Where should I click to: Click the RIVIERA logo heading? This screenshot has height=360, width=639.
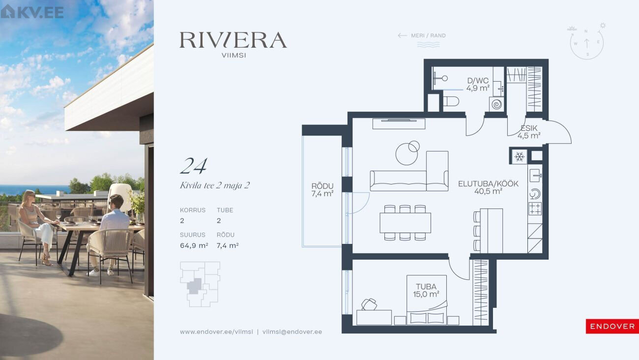(x=233, y=40)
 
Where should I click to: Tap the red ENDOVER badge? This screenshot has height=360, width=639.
(x=612, y=326)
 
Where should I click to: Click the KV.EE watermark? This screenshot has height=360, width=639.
(x=32, y=12)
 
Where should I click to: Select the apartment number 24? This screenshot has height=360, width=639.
(x=194, y=166)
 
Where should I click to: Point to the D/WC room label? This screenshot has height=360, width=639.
(x=478, y=84)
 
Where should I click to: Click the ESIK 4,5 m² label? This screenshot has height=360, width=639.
(x=529, y=132)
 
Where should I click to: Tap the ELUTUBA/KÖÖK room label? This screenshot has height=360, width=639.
(x=488, y=187)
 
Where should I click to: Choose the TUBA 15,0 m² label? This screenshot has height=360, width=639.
(x=426, y=290)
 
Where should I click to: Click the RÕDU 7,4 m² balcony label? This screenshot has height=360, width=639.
(x=322, y=190)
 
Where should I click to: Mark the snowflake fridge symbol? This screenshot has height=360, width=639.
(x=519, y=156)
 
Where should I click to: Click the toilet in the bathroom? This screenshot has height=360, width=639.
(x=451, y=101)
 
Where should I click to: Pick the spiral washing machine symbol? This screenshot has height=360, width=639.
(x=496, y=104)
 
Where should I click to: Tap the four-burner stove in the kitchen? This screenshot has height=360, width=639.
(x=535, y=209)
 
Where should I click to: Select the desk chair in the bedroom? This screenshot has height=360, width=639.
(x=369, y=304)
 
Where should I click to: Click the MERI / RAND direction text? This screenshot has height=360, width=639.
(x=428, y=36)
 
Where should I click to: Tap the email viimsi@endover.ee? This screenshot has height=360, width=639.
(x=292, y=332)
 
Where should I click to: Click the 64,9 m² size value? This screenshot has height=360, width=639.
(x=194, y=245)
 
